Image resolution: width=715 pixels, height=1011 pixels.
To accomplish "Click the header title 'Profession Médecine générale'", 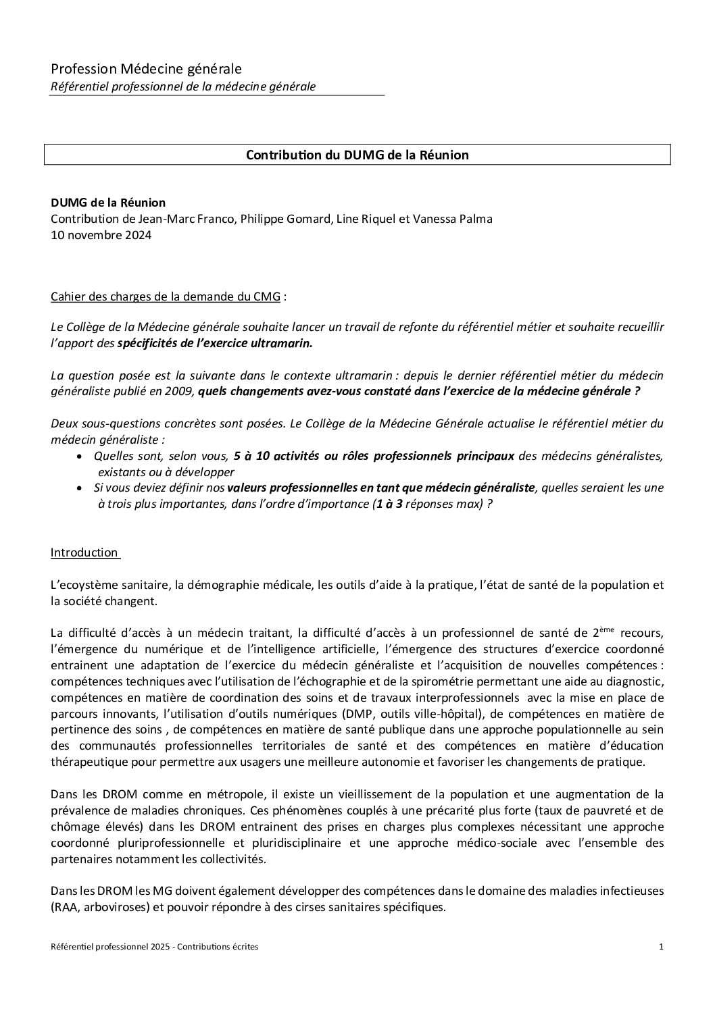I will point(146,68).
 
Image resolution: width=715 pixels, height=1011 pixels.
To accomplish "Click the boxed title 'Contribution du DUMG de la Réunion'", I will point(357,155).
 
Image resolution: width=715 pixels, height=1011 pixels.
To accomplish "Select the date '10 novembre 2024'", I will point(101,235).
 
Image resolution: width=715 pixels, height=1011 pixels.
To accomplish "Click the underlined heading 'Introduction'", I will point(84,552).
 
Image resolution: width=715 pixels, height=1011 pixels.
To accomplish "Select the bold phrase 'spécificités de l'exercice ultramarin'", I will point(215,343).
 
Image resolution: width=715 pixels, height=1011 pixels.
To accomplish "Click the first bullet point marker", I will point(80,457).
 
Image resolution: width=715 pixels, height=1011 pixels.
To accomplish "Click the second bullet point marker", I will point(80,488).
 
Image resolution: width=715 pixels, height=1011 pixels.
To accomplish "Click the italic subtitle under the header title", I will point(183,86).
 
